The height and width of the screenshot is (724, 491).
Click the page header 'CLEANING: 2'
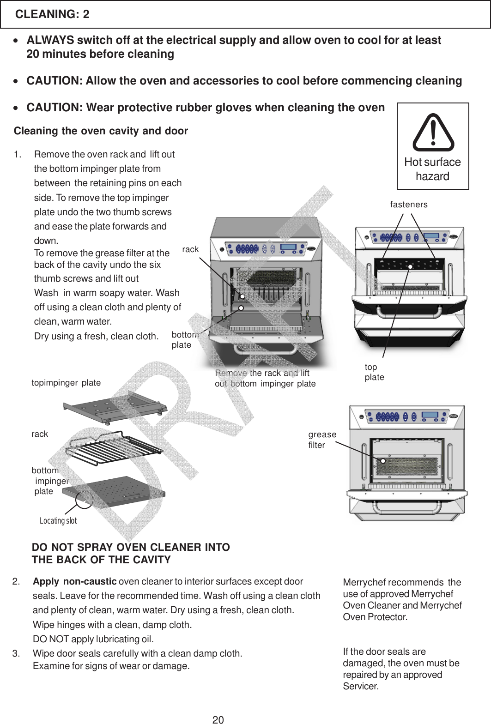pos(52,14)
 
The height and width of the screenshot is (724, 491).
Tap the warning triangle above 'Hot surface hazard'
pos(433,133)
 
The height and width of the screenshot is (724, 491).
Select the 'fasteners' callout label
pos(409,205)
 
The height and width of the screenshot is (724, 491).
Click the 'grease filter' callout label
pos(322,440)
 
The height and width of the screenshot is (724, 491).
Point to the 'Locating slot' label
pos(58,521)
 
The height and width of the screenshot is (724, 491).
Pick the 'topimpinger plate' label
pos(66,383)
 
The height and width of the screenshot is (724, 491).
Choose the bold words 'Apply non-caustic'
pos(74,581)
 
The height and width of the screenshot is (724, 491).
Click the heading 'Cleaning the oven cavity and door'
pos(101,131)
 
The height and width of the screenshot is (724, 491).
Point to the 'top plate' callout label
pos(374,372)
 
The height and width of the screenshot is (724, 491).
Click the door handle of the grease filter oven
pos(407,509)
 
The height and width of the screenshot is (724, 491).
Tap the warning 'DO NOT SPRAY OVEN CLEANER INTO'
pos(131,547)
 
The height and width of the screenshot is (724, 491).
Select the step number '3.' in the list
pos(16,653)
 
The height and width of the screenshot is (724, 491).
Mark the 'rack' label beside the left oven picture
pos(190,249)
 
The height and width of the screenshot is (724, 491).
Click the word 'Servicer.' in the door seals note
pos(361,686)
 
